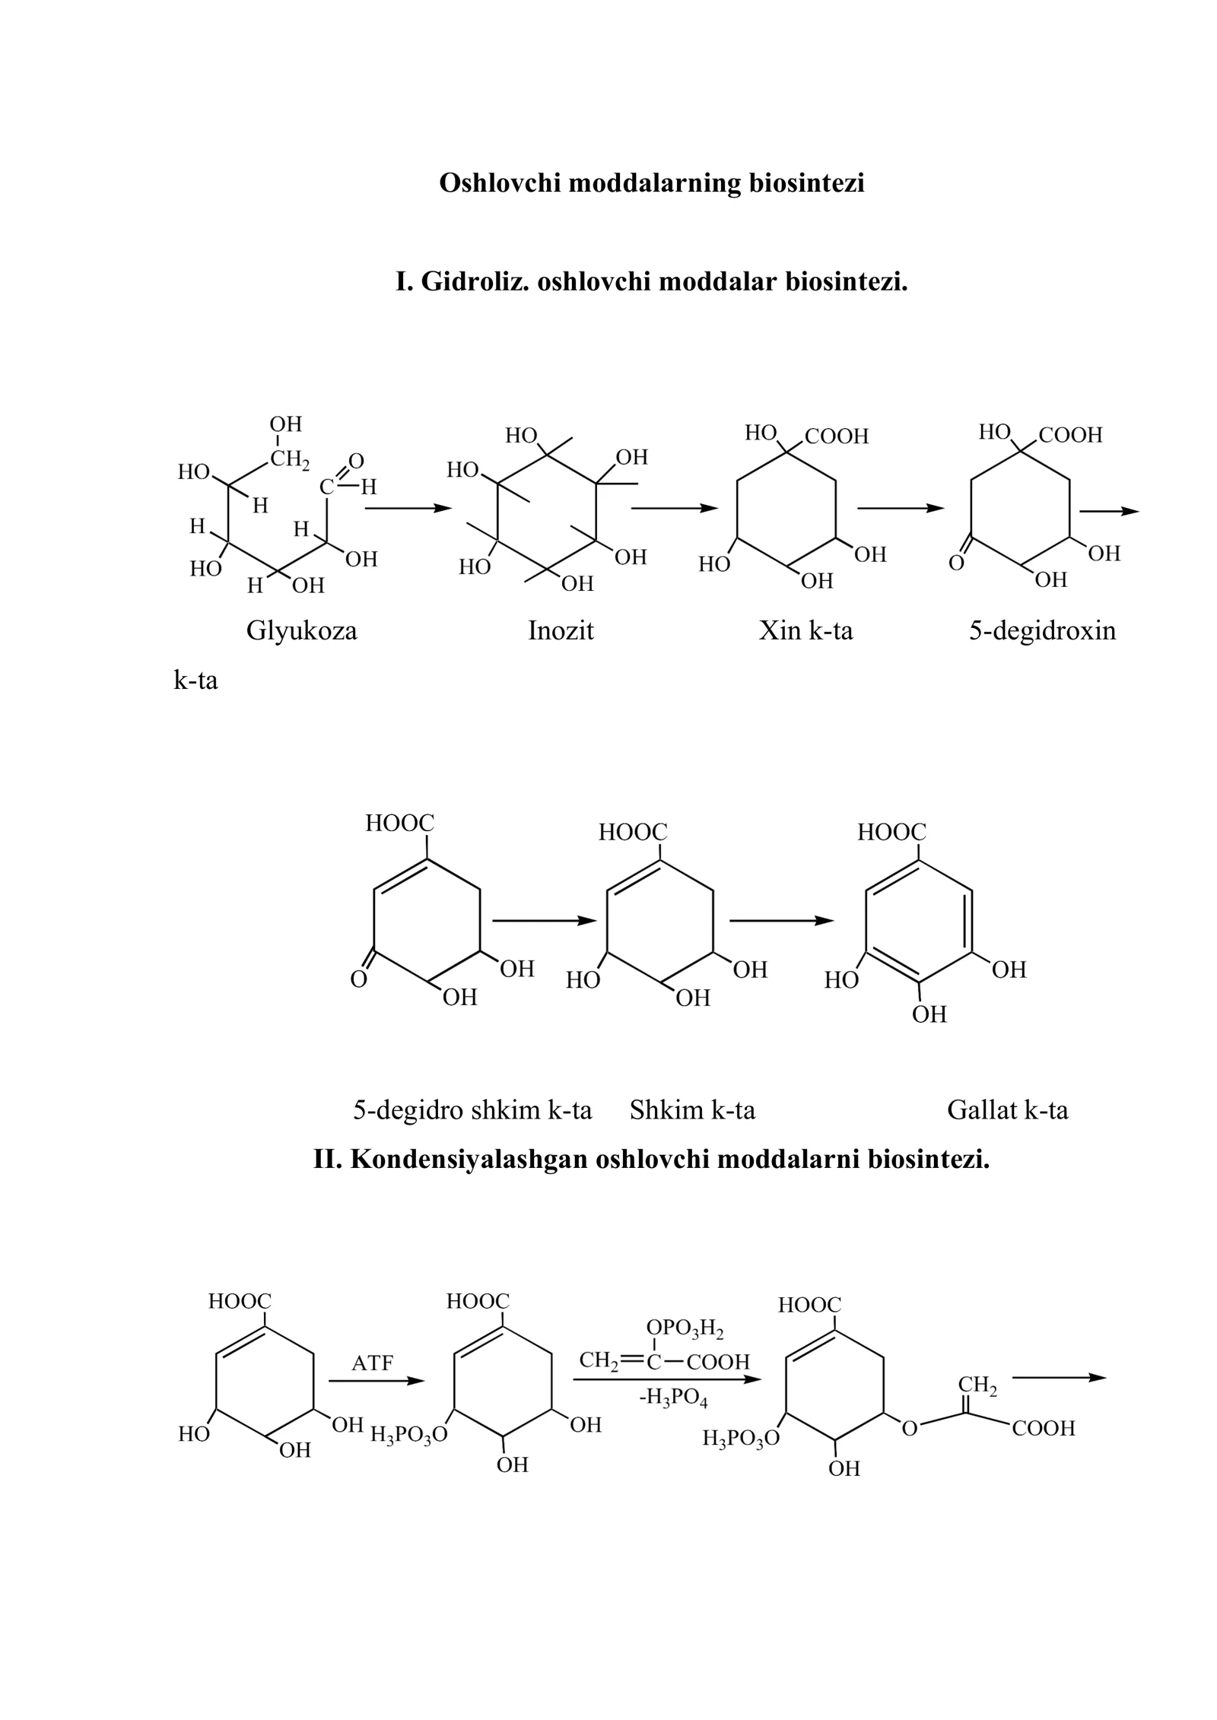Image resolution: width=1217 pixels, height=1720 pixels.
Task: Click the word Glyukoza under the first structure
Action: click(301, 631)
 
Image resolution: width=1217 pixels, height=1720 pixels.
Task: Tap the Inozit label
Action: click(561, 630)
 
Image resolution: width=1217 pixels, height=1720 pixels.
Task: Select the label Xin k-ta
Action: click(806, 630)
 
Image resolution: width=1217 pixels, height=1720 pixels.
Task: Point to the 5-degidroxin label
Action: click(1042, 630)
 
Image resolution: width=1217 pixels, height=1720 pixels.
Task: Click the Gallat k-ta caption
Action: click(1008, 1110)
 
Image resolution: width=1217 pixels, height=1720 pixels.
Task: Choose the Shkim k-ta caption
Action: click(692, 1110)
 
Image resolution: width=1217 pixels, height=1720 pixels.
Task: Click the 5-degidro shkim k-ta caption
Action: click(472, 1110)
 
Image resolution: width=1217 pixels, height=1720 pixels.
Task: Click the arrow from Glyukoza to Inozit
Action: click(408, 508)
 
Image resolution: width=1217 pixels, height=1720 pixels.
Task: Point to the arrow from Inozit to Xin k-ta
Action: click(675, 508)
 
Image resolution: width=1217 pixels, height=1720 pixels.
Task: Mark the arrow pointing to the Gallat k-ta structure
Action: click(782, 921)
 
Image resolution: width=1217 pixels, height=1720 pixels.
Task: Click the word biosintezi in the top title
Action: click(807, 183)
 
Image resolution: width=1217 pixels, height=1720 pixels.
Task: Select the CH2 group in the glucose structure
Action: click(290, 459)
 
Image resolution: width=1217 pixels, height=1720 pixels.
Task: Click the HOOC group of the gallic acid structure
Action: click(891, 832)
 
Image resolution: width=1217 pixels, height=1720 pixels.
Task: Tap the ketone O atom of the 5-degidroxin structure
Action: click(956, 563)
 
